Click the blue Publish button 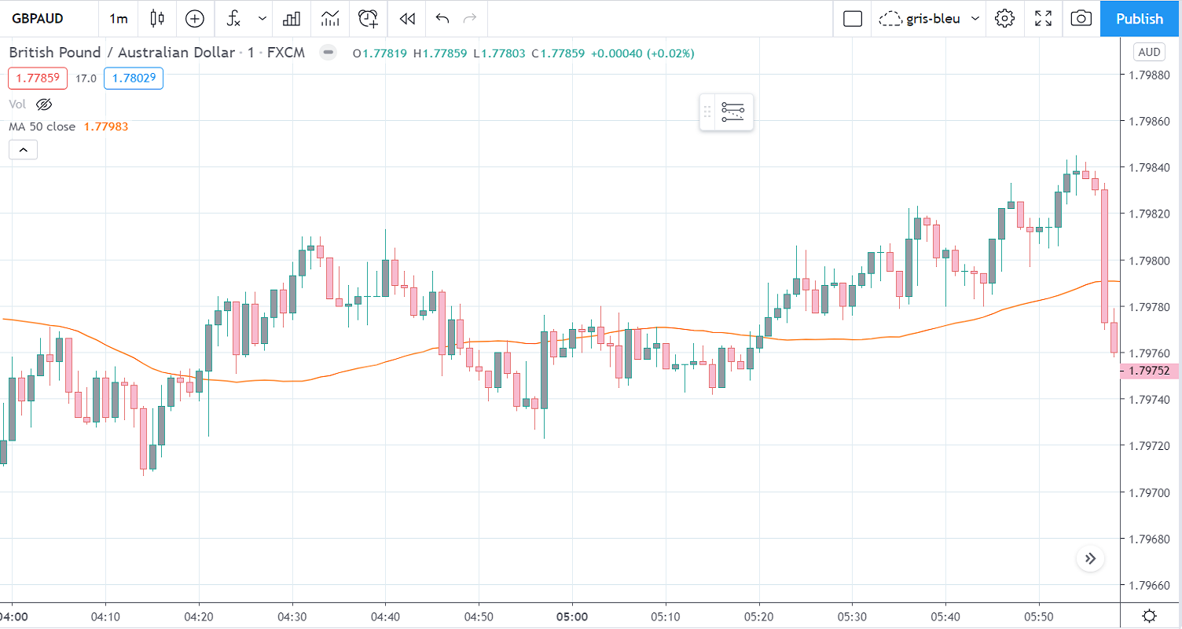pos(1139,19)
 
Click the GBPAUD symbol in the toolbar pos(38,19)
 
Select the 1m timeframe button pos(119,19)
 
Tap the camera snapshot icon pos(1081,19)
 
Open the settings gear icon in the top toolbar pos(1004,19)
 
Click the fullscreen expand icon pos(1043,19)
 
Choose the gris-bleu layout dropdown pos(931,19)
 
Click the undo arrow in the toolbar pos(442,19)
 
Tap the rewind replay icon pos(406,19)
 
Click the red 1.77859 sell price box pos(38,79)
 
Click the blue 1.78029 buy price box pos(133,79)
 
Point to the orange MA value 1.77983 pos(106,126)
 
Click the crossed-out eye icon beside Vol pos(44,104)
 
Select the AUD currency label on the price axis pos(1148,53)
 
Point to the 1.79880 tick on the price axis pos(1148,75)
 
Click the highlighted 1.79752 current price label pos(1148,371)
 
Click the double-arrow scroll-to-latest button pos(1090,559)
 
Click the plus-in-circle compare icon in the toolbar pos(194,19)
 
